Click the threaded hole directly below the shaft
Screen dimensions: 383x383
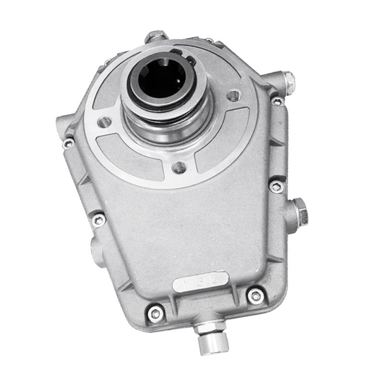click(x=180, y=167)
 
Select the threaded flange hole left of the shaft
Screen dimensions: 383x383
click(x=104, y=122)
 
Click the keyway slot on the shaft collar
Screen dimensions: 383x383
click(x=184, y=56)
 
